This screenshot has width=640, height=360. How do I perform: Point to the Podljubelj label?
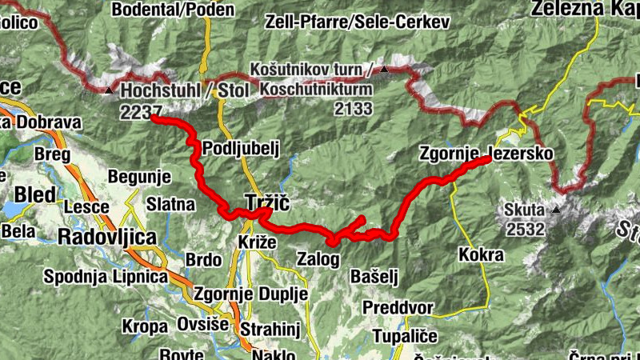240,148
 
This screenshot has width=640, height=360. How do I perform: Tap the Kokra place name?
482,255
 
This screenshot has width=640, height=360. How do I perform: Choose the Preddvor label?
398,307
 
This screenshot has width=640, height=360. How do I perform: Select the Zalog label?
318,258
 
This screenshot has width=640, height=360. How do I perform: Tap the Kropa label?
145,326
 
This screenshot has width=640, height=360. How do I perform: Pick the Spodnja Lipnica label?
106,277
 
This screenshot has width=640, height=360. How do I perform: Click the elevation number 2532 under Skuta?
525,230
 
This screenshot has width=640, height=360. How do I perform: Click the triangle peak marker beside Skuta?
555,210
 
